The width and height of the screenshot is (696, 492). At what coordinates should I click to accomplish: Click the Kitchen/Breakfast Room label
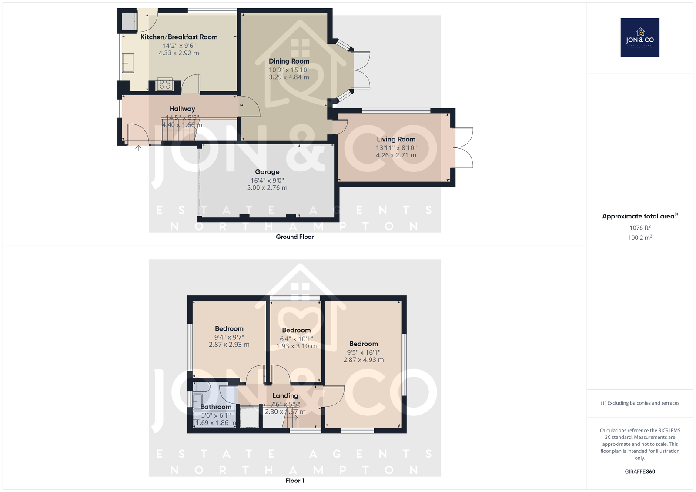tap(179, 37)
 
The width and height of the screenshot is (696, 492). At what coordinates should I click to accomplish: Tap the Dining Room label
tap(289, 61)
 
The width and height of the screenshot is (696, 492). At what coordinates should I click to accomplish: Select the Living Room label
tap(396, 139)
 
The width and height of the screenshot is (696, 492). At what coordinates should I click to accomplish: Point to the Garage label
tap(267, 172)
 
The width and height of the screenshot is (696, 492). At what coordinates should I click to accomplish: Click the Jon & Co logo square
tap(640, 37)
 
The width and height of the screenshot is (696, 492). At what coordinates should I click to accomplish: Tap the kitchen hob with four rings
tap(165, 84)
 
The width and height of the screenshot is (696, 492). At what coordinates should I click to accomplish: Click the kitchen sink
tap(128, 63)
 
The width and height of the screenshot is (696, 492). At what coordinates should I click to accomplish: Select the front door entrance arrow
tap(138, 148)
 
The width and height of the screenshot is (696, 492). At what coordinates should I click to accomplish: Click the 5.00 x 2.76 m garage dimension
tap(267, 188)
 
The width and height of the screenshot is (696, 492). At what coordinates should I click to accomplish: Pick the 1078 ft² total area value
tap(640, 228)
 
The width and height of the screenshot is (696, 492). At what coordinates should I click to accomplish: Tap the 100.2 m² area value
tap(640, 238)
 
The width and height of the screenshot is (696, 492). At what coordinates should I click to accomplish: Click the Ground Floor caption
tap(295, 237)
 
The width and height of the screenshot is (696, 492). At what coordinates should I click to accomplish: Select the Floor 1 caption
tap(295, 481)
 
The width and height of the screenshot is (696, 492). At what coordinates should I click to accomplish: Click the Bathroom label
tap(216, 407)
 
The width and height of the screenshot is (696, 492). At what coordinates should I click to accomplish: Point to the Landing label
tap(285, 396)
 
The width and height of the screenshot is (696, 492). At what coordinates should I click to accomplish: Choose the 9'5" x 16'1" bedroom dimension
tap(364, 352)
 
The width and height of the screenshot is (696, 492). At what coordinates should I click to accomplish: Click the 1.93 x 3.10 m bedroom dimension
tap(296, 346)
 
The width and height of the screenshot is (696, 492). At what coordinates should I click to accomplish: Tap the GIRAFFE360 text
tap(640, 472)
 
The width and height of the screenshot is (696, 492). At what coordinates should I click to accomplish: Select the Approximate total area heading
tap(640, 216)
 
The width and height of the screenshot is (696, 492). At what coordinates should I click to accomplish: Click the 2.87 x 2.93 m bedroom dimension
tap(229, 345)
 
